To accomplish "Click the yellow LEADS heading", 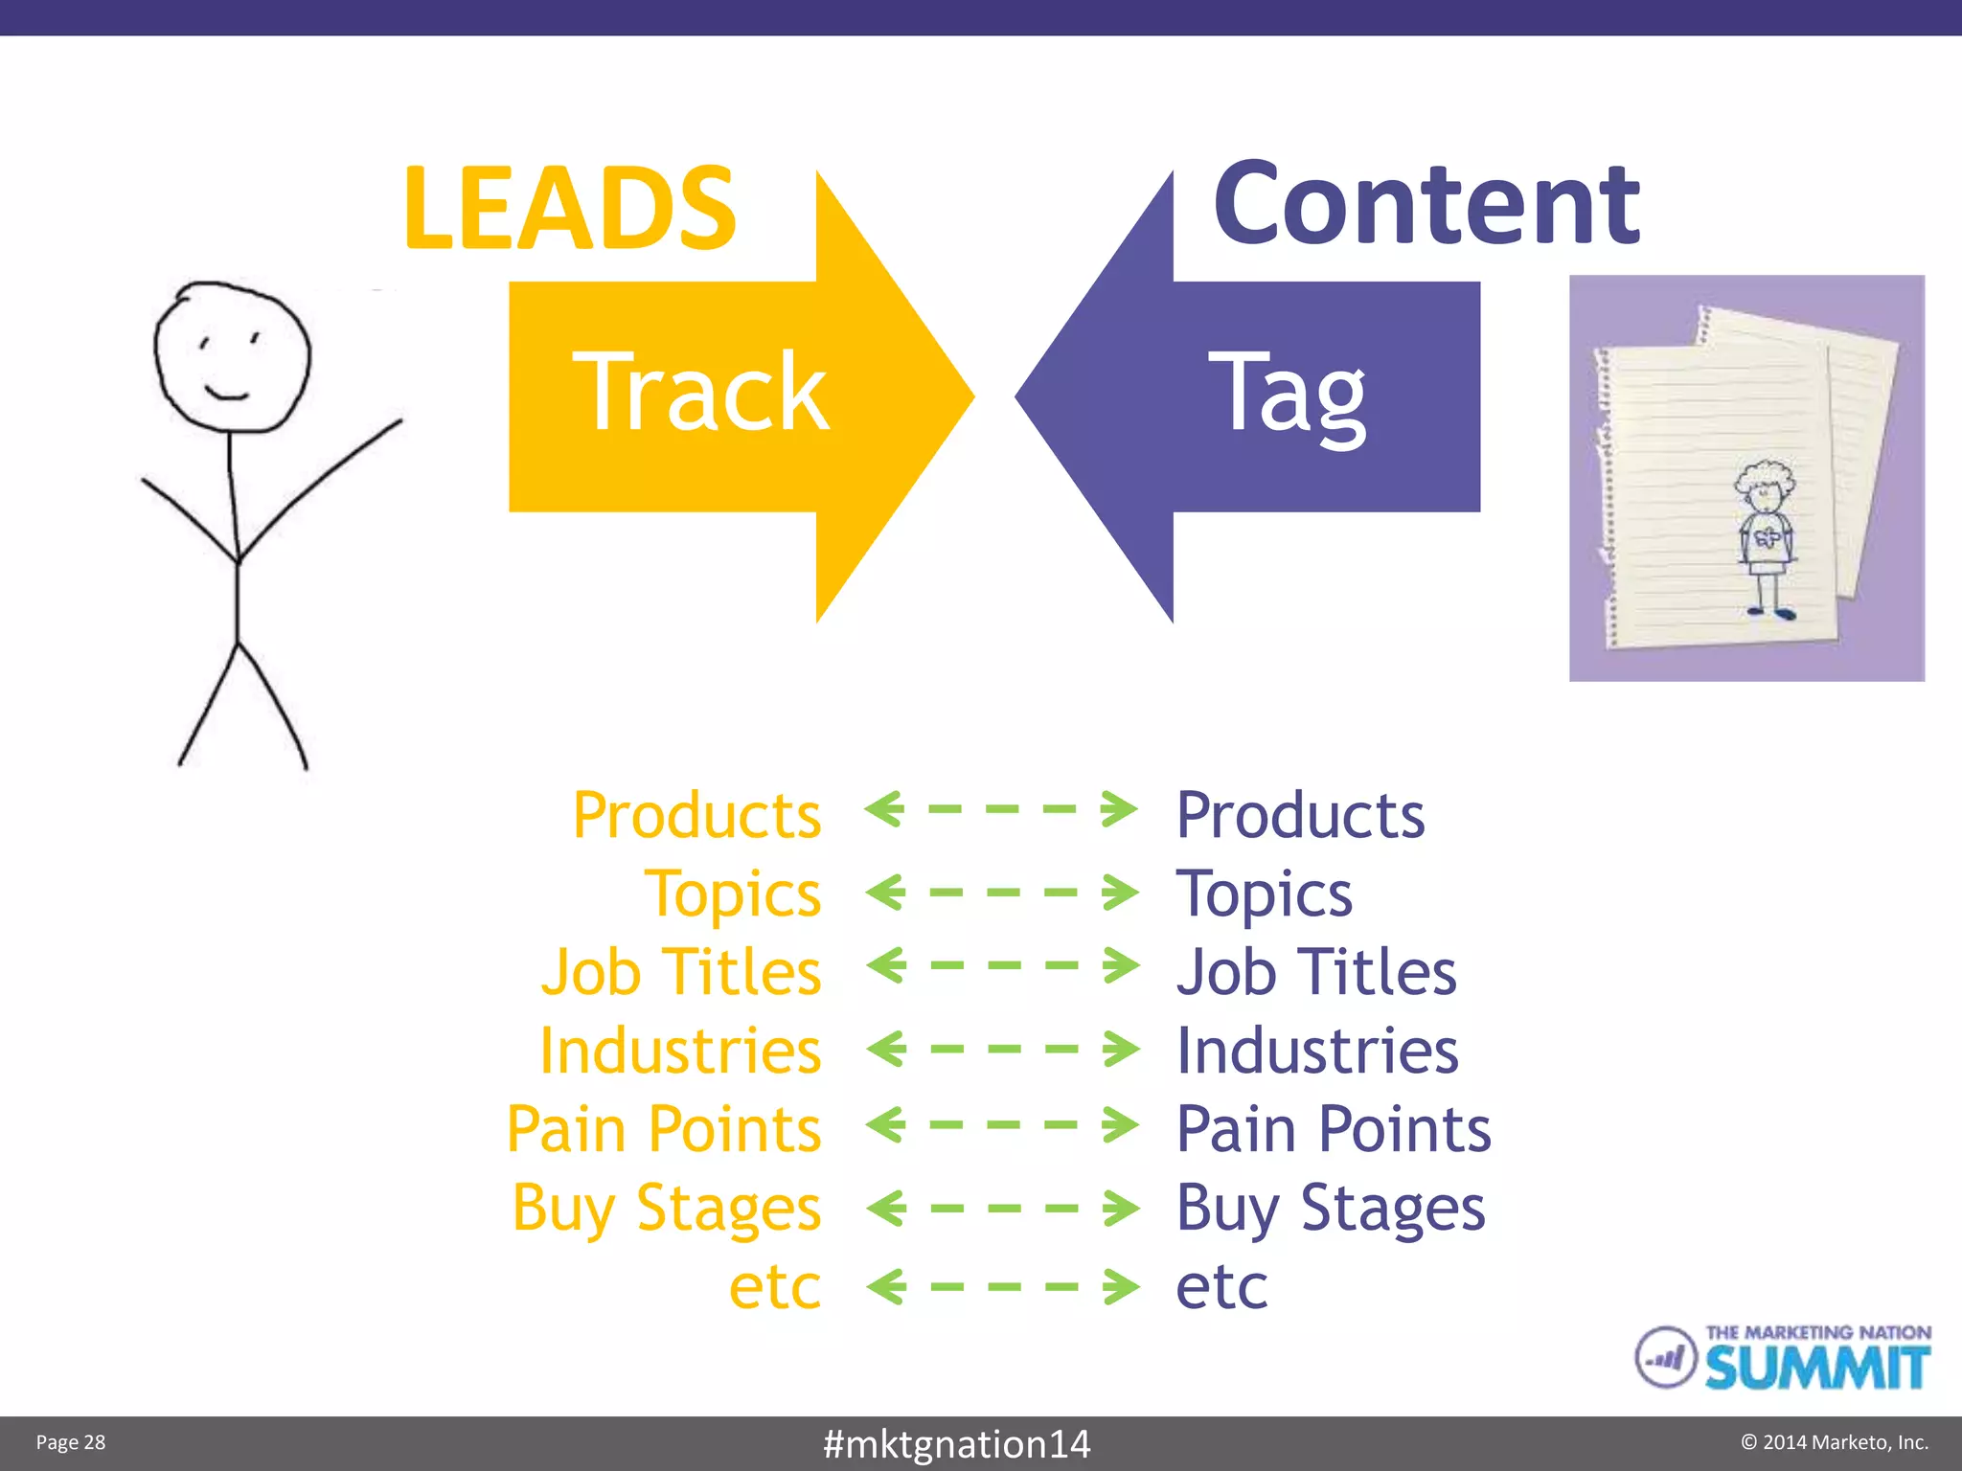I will tap(570, 209).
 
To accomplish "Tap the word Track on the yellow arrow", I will tap(700, 393).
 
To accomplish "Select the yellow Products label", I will tap(696, 816).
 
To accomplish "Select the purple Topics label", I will tap(1264, 895).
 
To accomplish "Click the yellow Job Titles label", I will tap(681, 973).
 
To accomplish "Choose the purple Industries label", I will tap(1317, 1052).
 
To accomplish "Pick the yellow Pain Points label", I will tap(664, 1130).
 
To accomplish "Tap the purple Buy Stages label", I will tap(1331, 1209).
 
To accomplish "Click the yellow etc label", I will tap(774, 1287).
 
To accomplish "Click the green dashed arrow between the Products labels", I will tap(1001, 809).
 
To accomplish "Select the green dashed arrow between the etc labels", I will tap(1002, 1286).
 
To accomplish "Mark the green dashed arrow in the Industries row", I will tap(1002, 1049).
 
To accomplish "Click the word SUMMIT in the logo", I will tap(1816, 1369).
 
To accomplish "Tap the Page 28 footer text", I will tap(71, 1442).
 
